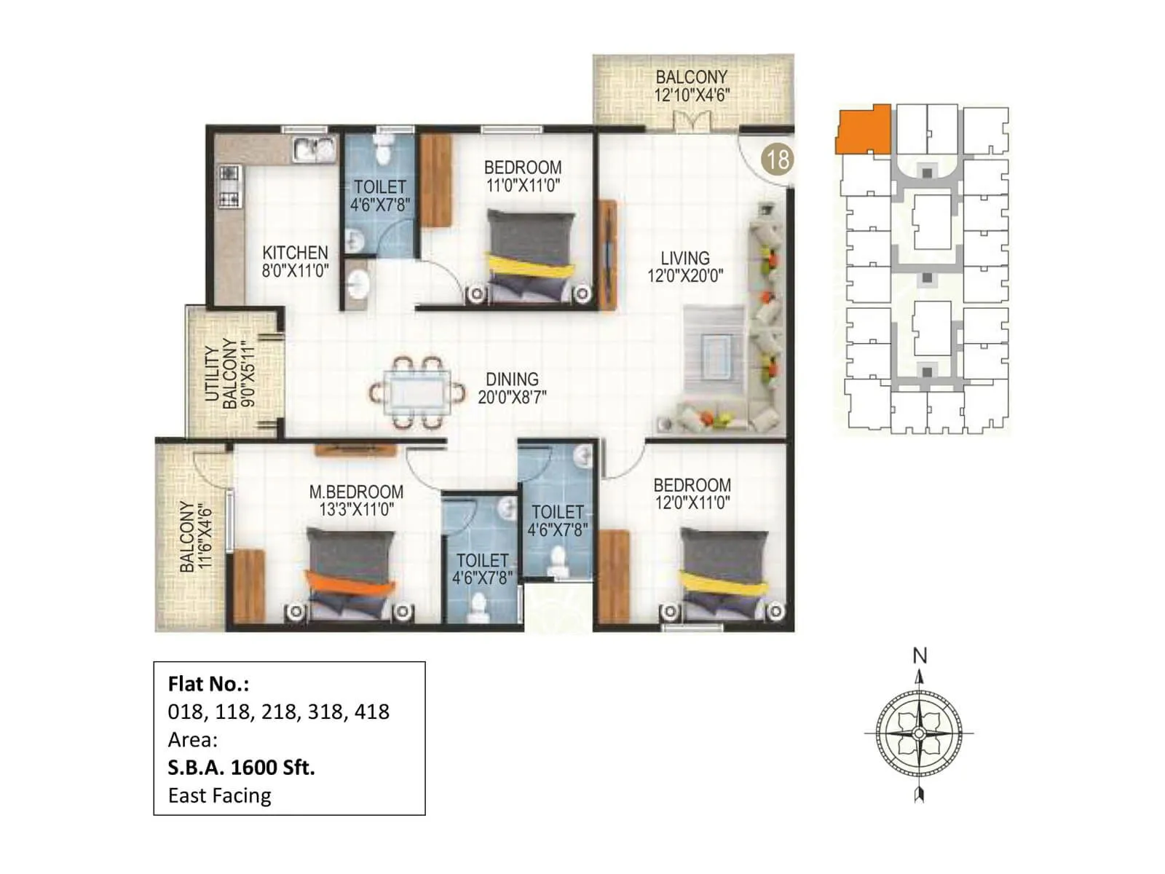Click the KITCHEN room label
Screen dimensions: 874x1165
click(295, 253)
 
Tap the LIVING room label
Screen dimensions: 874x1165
click(684, 259)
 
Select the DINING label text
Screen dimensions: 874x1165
click(512, 379)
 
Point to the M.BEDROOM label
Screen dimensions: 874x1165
click(356, 492)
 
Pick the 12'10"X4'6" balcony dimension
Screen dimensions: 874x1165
click(692, 95)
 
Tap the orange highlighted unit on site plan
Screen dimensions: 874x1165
click(864, 130)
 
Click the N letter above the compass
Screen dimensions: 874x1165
click(920, 656)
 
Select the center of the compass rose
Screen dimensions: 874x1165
click(919, 733)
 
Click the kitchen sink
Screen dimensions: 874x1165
click(314, 149)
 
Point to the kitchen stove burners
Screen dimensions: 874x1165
click(230, 186)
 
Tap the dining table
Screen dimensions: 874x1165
click(418, 393)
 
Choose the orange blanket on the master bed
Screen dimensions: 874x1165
click(349, 583)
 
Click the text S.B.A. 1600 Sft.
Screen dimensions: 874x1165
click(241, 768)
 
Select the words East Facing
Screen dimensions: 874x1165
click(219, 795)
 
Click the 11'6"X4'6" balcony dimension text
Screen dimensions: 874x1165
click(204, 535)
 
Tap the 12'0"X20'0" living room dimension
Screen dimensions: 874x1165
click(685, 276)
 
